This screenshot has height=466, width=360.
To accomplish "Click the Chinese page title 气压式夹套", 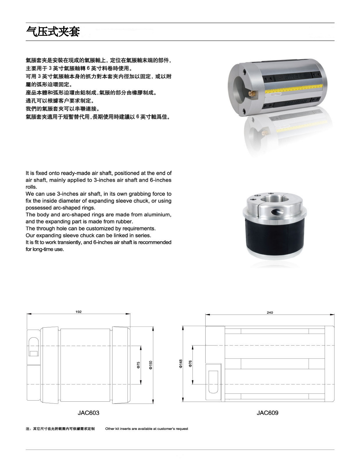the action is coord(53,31).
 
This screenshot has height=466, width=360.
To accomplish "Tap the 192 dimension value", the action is coord(78,312).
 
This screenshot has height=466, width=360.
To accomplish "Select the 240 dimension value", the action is coord(270,313).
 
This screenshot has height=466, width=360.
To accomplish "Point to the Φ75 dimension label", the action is coord(138,365).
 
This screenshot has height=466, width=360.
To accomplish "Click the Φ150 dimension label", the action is coord(151,365).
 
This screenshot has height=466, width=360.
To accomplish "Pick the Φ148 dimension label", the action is coord(181,364).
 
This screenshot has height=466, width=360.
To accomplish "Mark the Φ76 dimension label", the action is coord(190,363).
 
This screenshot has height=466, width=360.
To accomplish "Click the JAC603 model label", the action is coord(88,413).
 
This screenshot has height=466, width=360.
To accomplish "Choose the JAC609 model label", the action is coord(267,413).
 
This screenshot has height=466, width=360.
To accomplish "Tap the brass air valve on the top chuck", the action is coord(251,93).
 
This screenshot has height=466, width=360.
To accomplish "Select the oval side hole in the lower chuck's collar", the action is coord(277,212).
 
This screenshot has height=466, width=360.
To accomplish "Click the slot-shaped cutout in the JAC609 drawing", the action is coord(213,382).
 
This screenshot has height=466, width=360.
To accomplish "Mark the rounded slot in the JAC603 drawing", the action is coord(34,347).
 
